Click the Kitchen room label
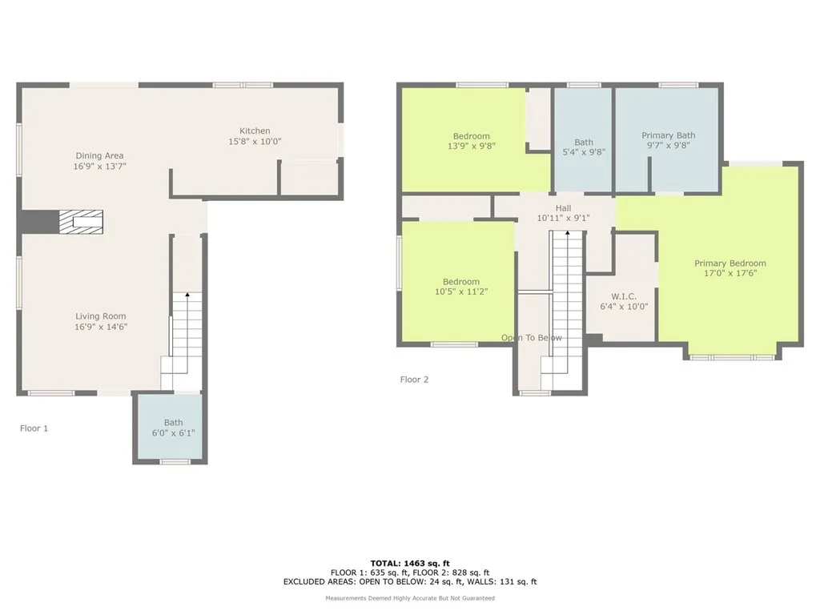(x=255, y=131)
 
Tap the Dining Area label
(x=99, y=155)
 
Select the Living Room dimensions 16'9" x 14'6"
(x=101, y=327)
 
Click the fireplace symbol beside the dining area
(x=81, y=222)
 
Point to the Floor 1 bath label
(x=173, y=423)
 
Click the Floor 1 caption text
(x=34, y=428)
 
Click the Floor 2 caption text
(x=414, y=380)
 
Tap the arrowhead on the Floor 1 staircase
(x=187, y=296)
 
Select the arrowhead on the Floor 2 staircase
(x=567, y=233)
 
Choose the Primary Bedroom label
(x=730, y=263)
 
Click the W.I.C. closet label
(x=623, y=296)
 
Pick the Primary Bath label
(x=668, y=135)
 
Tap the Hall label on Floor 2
(x=563, y=207)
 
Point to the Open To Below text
(x=532, y=338)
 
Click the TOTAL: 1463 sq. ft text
(x=409, y=563)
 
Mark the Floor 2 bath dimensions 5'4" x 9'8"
(x=583, y=152)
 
